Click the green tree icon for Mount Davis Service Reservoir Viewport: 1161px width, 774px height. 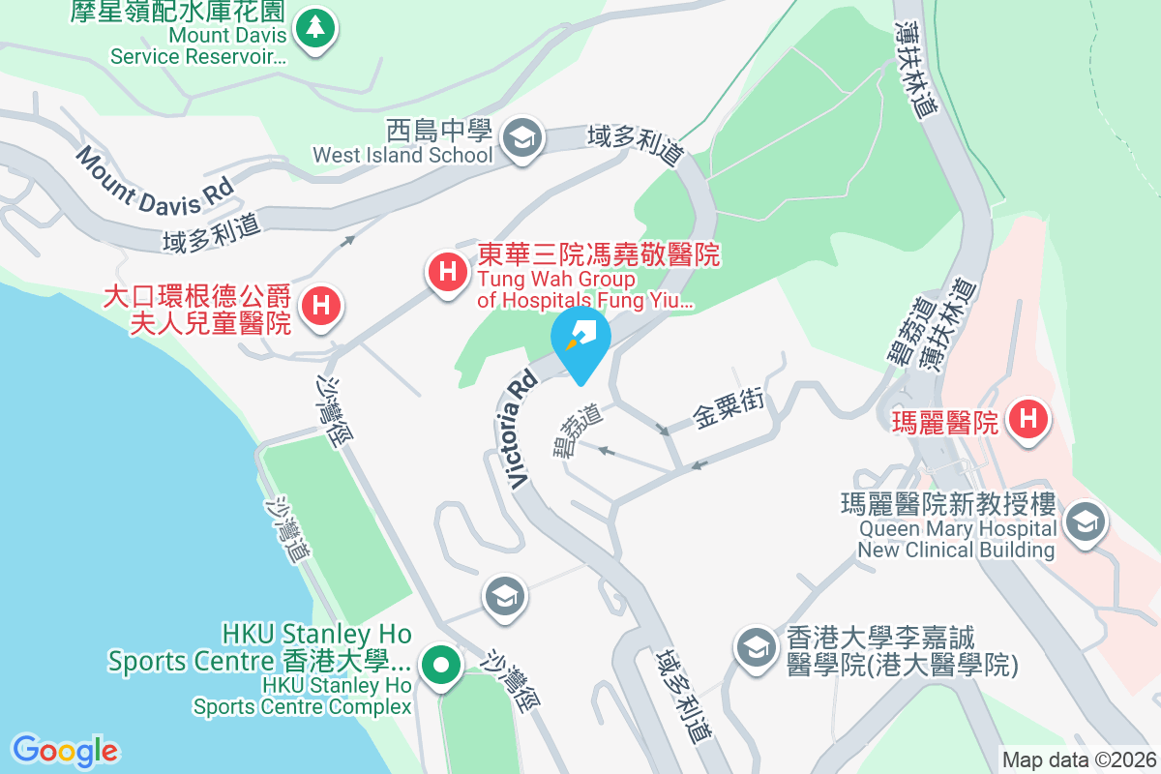click(314, 29)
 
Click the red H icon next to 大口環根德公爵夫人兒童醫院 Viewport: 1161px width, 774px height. click(322, 308)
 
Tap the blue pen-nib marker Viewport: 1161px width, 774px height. click(580, 338)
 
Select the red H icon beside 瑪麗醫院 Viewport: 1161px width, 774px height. click(1027, 420)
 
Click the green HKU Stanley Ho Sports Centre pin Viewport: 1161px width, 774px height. click(442, 666)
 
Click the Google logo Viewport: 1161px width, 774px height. click(66, 751)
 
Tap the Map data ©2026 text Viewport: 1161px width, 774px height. click(1079, 760)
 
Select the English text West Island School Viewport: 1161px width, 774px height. click(402, 155)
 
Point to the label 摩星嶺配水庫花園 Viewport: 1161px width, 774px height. click(178, 12)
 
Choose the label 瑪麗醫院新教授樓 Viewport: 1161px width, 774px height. click(948, 506)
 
